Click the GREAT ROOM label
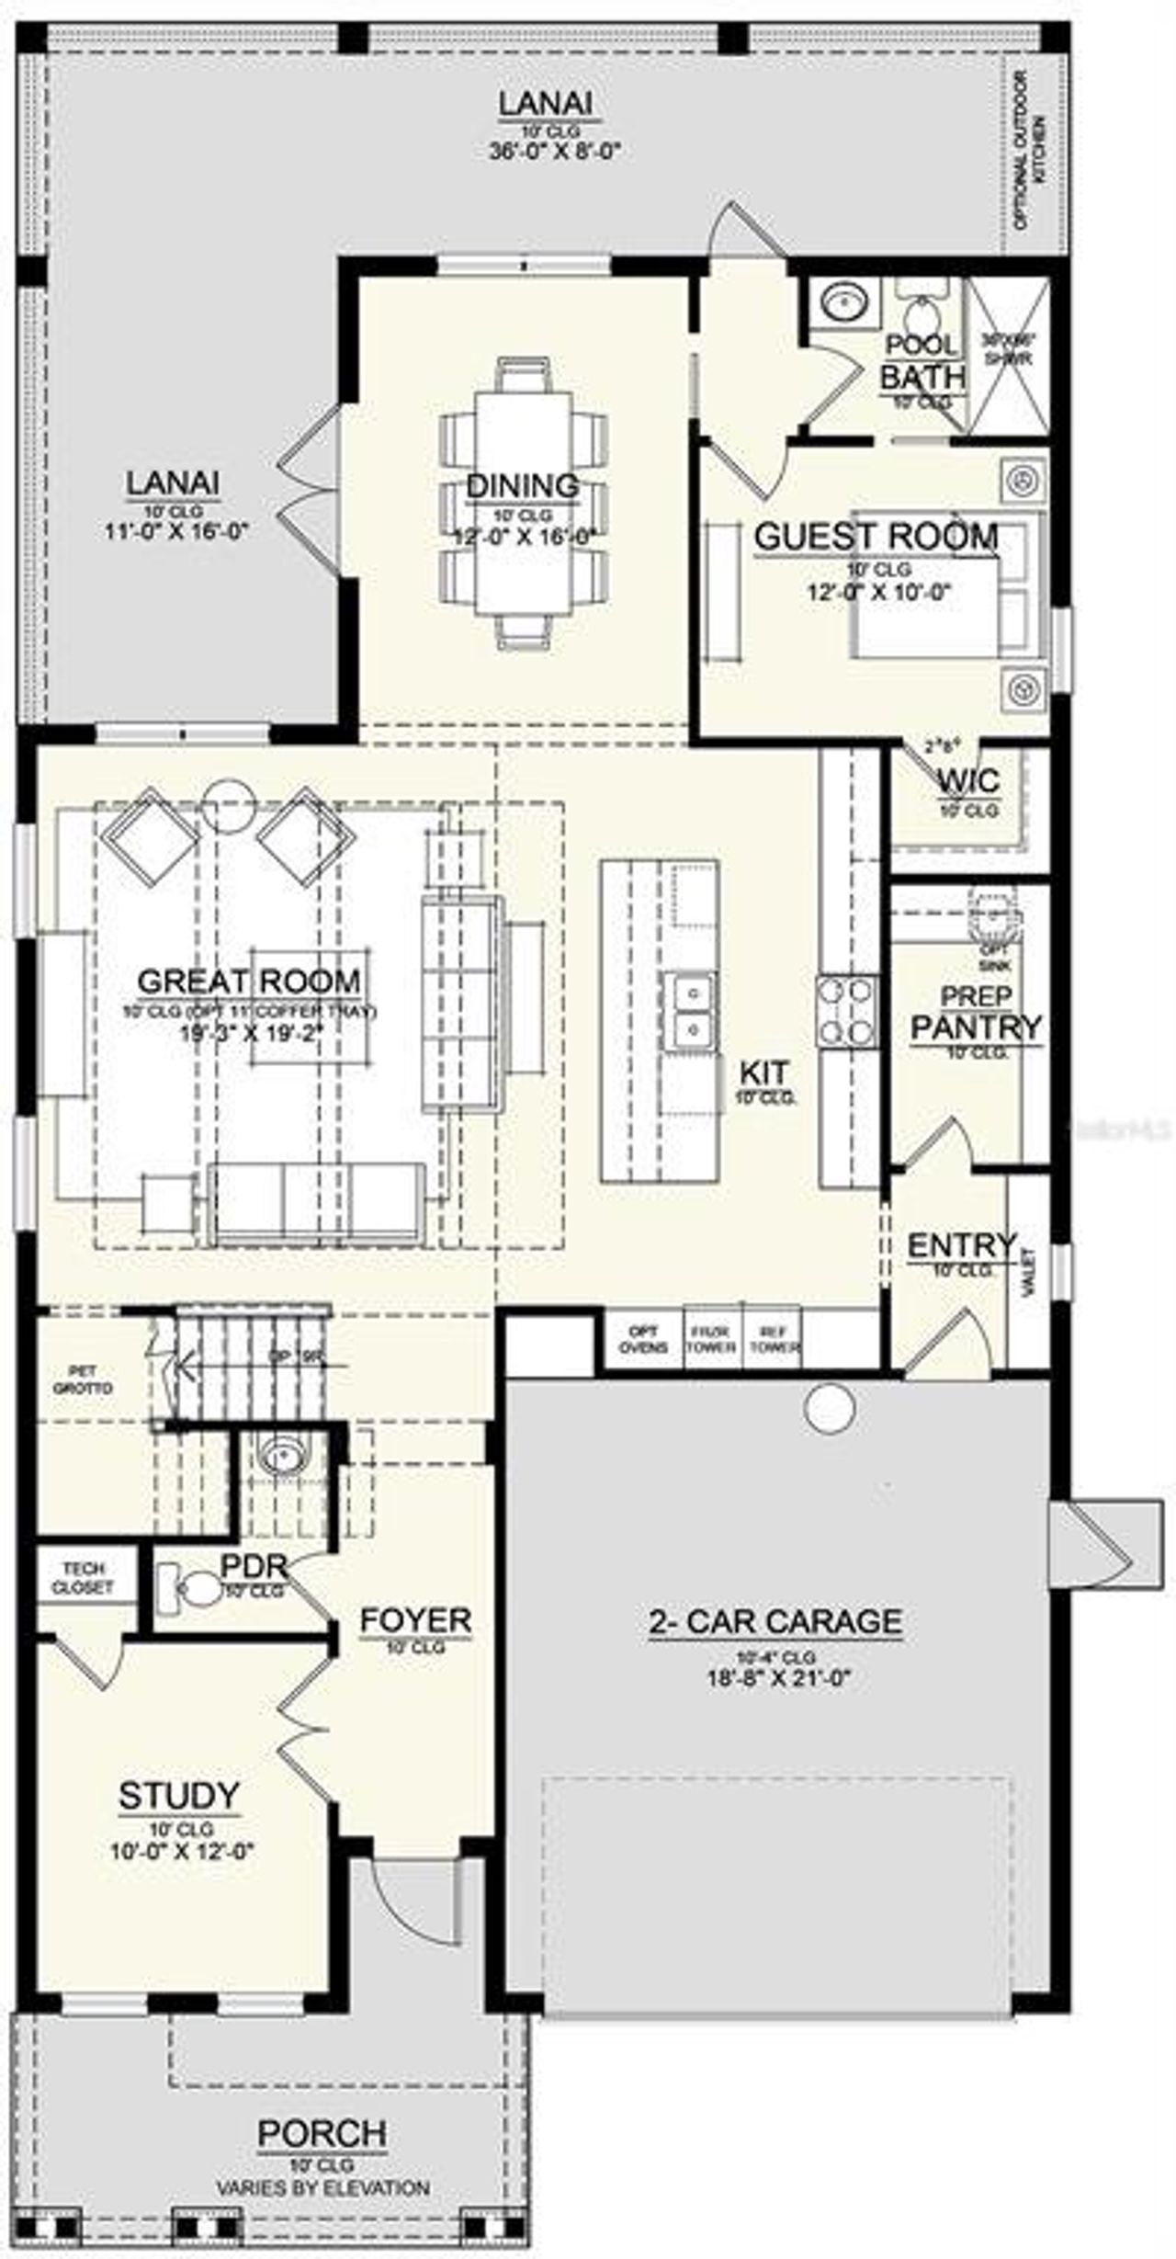(x=248, y=981)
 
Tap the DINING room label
(x=522, y=485)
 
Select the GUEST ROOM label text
(x=876, y=536)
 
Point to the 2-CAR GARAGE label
(x=775, y=1621)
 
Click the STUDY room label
(x=179, y=1795)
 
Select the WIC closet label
(x=968, y=781)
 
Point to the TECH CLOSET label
(x=83, y=1577)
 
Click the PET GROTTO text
(x=83, y=1379)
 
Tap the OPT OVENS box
(x=643, y=1339)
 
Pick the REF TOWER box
(x=774, y=1339)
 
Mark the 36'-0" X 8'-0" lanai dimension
(x=555, y=150)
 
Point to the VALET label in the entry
(x=1027, y=1273)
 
